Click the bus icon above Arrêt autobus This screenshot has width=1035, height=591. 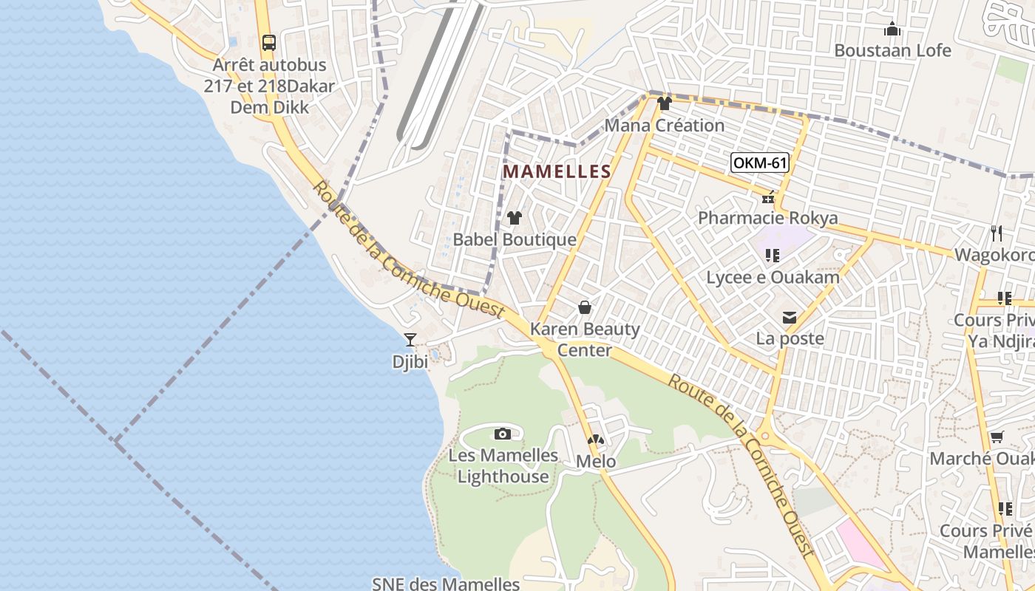pyautogui.click(x=268, y=42)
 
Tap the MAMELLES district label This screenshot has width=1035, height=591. pyautogui.click(x=557, y=172)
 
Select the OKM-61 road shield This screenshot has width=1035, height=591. pyautogui.click(x=759, y=163)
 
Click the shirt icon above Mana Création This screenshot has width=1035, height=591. pyautogui.click(x=664, y=103)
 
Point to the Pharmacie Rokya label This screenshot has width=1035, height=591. pyautogui.click(x=768, y=218)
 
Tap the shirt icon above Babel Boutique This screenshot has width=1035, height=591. pyautogui.click(x=515, y=218)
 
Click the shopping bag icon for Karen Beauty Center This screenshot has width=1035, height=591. pyautogui.click(x=585, y=307)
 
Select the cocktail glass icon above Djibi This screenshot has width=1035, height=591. pyautogui.click(x=410, y=340)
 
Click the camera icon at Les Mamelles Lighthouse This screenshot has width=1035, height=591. pyautogui.click(x=503, y=434)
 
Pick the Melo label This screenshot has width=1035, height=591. pyautogui.click(x=596, y=462)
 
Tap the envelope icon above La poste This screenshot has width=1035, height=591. pyautogui.click(x=790, y=318)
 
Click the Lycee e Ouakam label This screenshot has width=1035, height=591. pyautogui.click(x=773, y=278)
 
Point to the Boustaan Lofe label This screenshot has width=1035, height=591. pyautogui.click(x=892, y=51)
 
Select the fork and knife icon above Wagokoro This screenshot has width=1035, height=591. pyautogui.click(x=997, y=233)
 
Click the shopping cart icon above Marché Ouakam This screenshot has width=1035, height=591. pyautogui.click(x=997, y=437)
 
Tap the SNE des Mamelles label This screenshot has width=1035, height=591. pyautogui.click(x=446, y=584)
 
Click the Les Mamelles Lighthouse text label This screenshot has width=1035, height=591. pyautogui.click(x=503, y=465)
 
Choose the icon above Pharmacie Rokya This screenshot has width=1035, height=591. pyautogui.click(x=768, y=197)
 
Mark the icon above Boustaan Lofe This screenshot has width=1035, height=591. pyautogui.click(x=892, y=30)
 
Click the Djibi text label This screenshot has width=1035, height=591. pyautogui.click(x=410, y=362)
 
